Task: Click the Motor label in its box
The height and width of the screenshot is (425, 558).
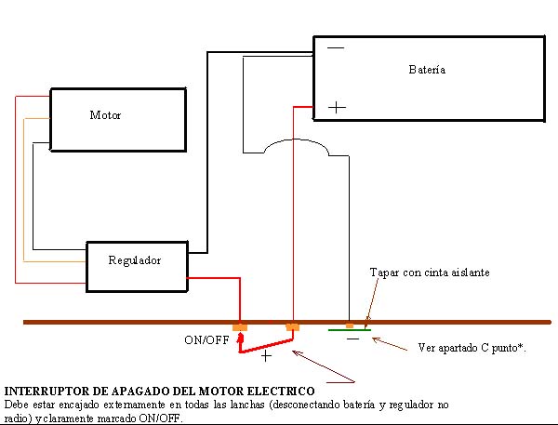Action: pyautogui.click(x=105, y=116)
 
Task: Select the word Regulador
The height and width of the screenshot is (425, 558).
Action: pyautogui.click(x=135, y=260)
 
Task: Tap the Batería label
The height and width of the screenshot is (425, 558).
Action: pyautogui.click(x=427, y=70)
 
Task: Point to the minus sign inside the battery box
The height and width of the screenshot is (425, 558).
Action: pyautogui.click(x=336, y=48)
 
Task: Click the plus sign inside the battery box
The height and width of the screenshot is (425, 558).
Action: pyautogui.click(x=337, y=108)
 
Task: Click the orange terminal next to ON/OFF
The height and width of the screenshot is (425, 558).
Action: pyautogui.click(x=240, y=327)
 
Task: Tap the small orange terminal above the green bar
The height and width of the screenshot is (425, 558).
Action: pyautogui.click(x=349, y=325)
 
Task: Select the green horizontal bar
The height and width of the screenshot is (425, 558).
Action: pyautogui.click(x=351, y=330)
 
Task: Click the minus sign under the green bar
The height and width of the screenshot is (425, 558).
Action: pyautogui.click(x=352, y=340)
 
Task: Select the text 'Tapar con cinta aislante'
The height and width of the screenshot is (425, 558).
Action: pyautogui.click(x=429, y=272)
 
